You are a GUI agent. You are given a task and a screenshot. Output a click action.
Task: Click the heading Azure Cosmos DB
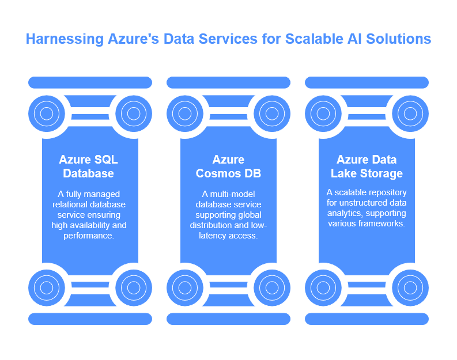228,166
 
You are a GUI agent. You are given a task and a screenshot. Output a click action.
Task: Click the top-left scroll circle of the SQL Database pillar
46,113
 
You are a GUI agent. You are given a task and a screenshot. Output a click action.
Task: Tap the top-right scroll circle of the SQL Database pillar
134,113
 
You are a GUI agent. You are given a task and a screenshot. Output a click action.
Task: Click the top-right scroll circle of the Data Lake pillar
410,113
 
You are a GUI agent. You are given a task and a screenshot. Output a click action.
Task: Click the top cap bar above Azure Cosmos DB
228,82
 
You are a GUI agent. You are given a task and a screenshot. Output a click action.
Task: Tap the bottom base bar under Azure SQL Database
90,319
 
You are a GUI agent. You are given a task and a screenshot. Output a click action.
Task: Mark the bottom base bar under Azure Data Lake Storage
367,319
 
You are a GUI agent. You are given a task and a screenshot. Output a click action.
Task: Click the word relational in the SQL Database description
71,204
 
